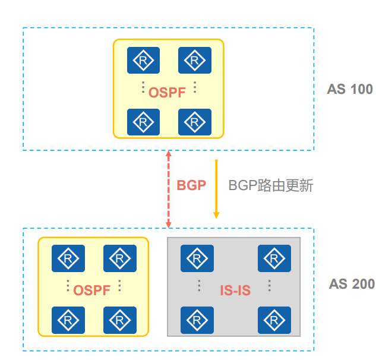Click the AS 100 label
coord(350,89)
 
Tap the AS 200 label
coord(352,284)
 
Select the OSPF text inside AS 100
coord(167,93)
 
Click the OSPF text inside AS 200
coord(92,290)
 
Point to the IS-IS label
coord(235,290)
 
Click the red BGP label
coord(191,185)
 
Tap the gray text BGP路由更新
coord(271,185)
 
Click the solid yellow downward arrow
coord(216,189)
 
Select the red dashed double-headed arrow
coord(169,190)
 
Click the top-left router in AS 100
coord(143,60)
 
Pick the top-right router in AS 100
coord(195,60)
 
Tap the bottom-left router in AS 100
coord(143,122)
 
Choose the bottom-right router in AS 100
coord(195,122)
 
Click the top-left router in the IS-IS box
coord(197,258)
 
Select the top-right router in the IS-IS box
coord(274,258)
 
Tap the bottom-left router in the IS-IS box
coord(197,320)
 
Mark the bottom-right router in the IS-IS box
coord(274,320)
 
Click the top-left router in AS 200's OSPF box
coord(68,258)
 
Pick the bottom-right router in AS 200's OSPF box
coord(120,320)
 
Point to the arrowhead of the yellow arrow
coord(216,218)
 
